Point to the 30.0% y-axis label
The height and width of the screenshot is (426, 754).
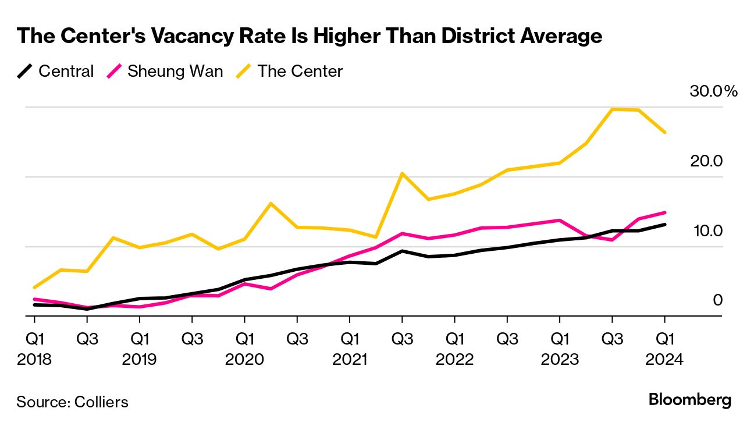[713, 91]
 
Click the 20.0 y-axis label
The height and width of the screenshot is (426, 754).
[706, 161]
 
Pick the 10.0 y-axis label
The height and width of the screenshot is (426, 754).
[706, 231]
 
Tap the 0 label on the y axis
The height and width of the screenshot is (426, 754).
[717, 300]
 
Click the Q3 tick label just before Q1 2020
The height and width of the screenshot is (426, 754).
[192, 338]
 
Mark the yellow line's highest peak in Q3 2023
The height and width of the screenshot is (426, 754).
[612, 109]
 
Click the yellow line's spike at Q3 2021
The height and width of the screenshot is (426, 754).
[402, 173]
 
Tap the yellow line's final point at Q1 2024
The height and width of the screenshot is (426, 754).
[664, 133]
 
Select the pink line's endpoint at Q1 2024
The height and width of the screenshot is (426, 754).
[664, 213]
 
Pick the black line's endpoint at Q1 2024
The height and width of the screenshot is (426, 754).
[664, 225]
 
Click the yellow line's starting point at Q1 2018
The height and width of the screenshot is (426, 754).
[34, 287]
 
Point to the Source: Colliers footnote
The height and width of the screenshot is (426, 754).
[72, 402]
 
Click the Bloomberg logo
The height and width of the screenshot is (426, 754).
[689, 400]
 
